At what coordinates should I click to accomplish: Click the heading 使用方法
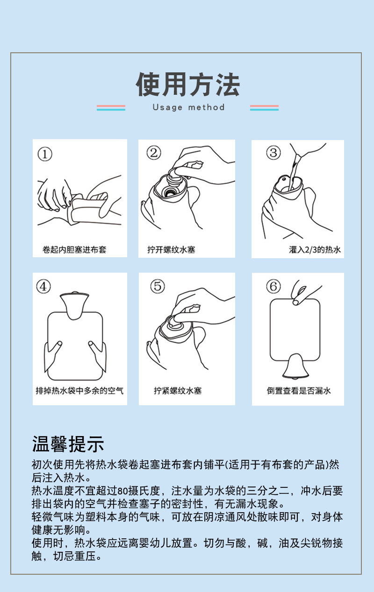pyautogui.click(x=187, y=85)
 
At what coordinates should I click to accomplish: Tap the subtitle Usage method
pyautogui.click(x=188, y=107)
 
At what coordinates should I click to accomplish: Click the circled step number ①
pyautogui.click(x=44, y=154)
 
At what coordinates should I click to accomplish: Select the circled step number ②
pyautogui.click(x=154, y=153)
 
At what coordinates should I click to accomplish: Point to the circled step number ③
pyautogui.click(x=273, y=153)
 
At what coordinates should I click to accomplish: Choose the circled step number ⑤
pyautogui.click(x=157, y=286)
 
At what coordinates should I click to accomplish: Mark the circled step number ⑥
pyautogui.click(x=273, y=286)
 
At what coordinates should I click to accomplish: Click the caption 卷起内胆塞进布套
pyautogui.click(x=74, y=249)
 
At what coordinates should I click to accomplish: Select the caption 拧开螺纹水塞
pyautogui.click(x=171, y=249)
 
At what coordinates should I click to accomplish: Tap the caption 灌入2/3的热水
pyautogui.click(x=315, y=249)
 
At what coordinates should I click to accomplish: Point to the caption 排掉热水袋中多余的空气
pyautogui.click(x=79, y=390)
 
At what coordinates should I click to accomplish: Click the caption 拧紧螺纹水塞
pyautogui.click(x=178, y=390)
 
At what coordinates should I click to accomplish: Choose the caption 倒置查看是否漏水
pyautogui.click(x=299, y=390)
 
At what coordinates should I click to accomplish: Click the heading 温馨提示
pyautogui.click(x=68, y=444)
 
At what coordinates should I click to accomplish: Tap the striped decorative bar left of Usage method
pyautogui.click(x=111, y=108)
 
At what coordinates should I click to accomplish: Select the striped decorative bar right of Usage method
pyautogui.click(x=264, y=108)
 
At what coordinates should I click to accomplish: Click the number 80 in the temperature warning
pyautogui.click(x=122, y=491)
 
